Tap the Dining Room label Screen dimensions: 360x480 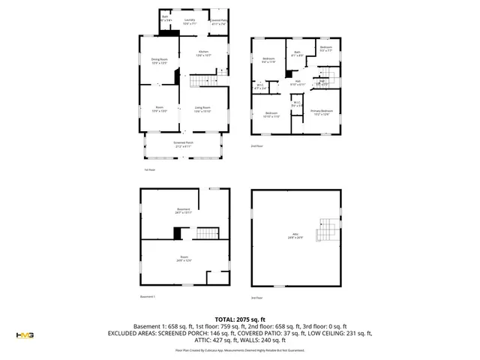pyautogui.click(x=160, y=61)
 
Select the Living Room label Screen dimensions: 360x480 pyautogui.click(x=202, y=109)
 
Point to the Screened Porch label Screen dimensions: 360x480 pyautogui.click(x=184, y=145)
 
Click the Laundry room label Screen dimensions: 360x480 pyautogui.click(x=190, y=22)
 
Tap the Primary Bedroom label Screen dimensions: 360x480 pyautogui.click(x=322, y=112)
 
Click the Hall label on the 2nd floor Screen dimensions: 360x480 pyautogui.click(x=297, y=82)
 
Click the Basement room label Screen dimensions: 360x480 pyautogui.click(x=184, y=211)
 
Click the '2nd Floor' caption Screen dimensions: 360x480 pyautogui.click(x=258, y=146)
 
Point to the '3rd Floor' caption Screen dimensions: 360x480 pyautogui.click(x=258, y=298)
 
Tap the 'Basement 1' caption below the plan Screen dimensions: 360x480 pyautogui.click(x=148, y=297)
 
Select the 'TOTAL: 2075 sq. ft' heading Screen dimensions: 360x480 pyautogui.click(x=241, y=319)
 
